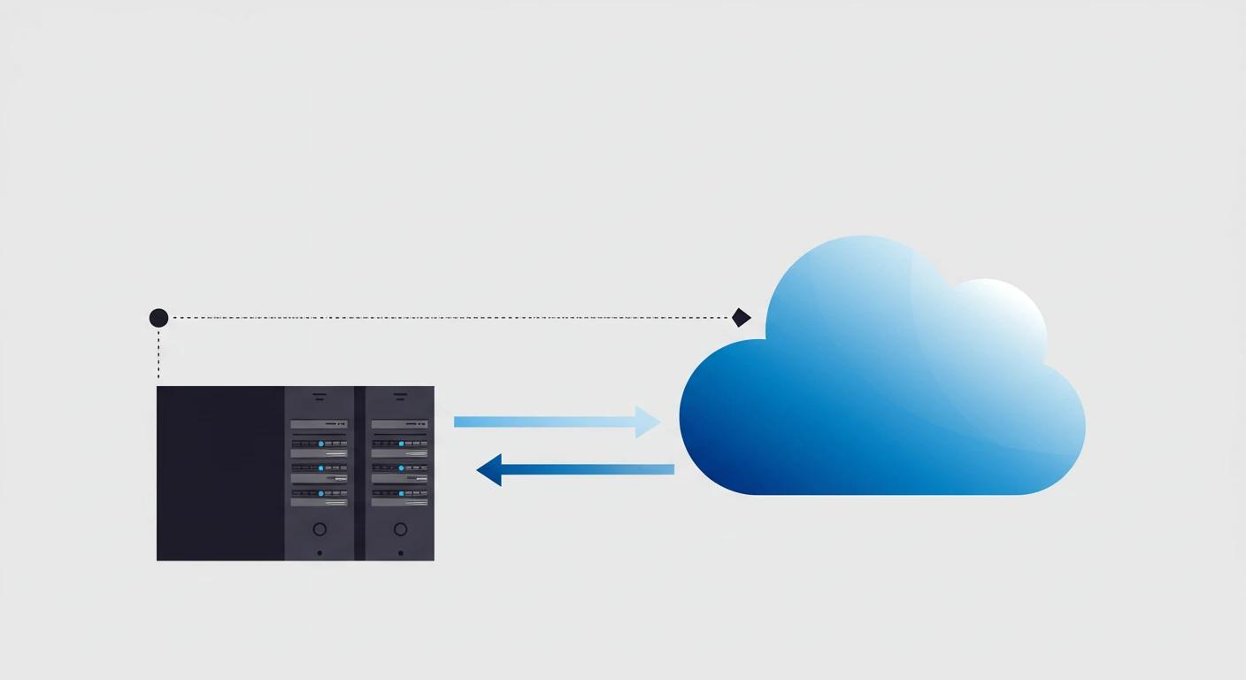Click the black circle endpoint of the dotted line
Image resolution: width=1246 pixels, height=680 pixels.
pyautogui.click(x=158, y=318)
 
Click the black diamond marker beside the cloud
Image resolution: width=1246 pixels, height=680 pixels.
pyautogui.click(x=742, y=317)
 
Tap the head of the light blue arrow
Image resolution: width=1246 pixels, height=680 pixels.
pyautogui.click(x=650, y=422)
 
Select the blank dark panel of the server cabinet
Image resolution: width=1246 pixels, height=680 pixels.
pyautogui.click(x=220, y=473)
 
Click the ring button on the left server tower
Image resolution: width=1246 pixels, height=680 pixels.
pyautogui.click(x=319, y=529)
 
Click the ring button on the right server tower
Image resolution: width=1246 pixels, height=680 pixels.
pyautogui.click(x=400, y=529)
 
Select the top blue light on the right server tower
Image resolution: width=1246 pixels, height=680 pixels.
pyautogui.click(x=401, y=444)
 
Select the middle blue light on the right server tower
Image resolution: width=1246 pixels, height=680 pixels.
pyautogui.click(x=401, y=468)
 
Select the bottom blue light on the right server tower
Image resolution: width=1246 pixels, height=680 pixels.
pyautogui.click(x=401, y=493)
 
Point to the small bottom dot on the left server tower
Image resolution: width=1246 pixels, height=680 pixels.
pyautogui.click(x=319, y=553)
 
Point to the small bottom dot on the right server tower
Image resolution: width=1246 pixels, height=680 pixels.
pyautogui.click(x=400, y=553)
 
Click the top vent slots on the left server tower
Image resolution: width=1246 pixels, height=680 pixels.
pyautogui.click(x=319, y=396)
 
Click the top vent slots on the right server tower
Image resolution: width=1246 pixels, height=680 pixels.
pyautogui.click(x=400, y=396)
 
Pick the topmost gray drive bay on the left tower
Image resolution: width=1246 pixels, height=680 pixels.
pyautogui.click(x=319, y=425)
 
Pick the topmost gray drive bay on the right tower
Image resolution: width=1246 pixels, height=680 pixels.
pyautogui.click(x=400, y=425)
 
